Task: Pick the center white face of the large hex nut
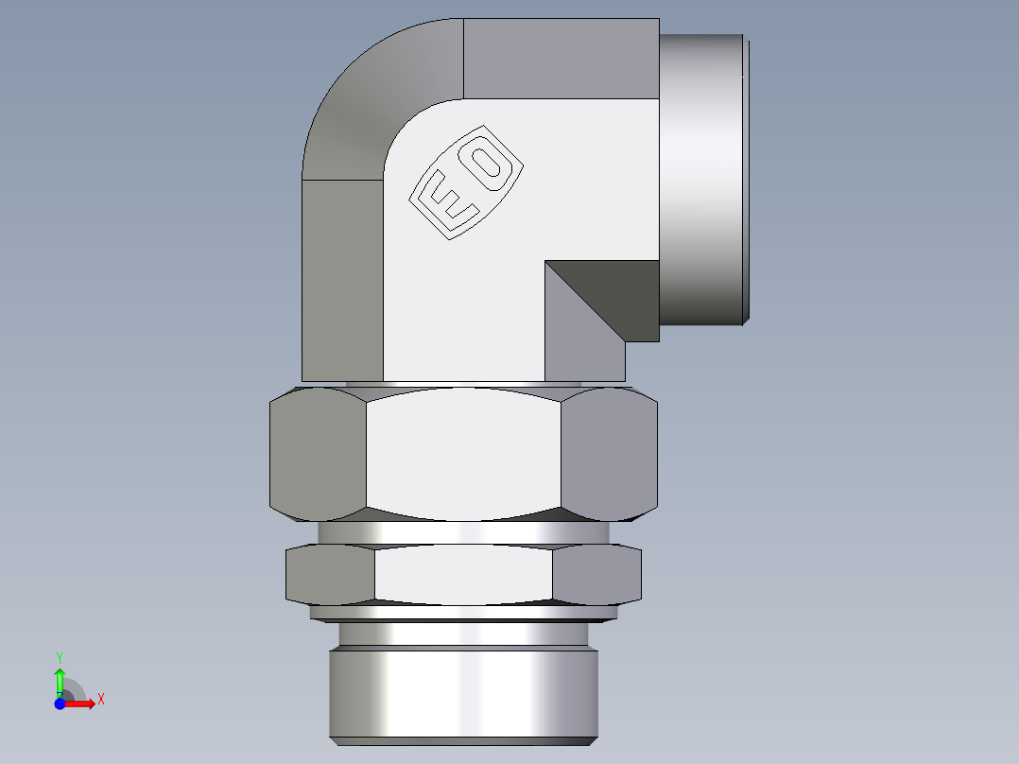click(463, 454)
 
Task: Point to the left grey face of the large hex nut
click(318, 457)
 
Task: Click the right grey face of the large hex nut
click(609, 457)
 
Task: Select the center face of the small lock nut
click(463, 575)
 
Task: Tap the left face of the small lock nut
click(330, 575)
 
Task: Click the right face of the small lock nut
click(596, 575)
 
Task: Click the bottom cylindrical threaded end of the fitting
click(463, 695)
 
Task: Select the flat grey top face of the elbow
click(561, 58)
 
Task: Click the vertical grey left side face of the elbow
click(341, 280)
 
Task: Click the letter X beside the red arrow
click(101, 700)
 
